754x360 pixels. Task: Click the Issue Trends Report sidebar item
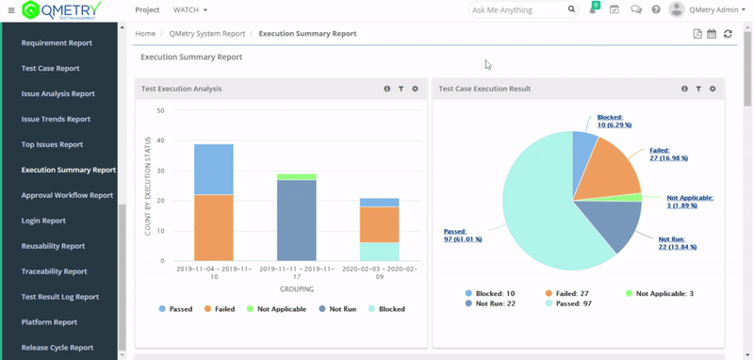click(x=56, y=120)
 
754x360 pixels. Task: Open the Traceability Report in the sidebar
click(x=55, y=271)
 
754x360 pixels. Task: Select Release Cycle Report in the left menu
click(x=57, y=348)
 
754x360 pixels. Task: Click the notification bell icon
click(x=593, y=10)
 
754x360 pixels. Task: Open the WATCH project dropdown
click(x=190, y=10)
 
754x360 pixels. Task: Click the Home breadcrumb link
click(x=145, y=34)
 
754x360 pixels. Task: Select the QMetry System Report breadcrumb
click(x=206, y=34)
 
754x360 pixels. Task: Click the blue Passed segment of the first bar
click(x=213, y=170)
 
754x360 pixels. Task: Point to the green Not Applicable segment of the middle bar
click(x=296, y=176)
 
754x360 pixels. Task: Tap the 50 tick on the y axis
click(x=161, y=110)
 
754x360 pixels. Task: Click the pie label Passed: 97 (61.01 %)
click(x=463, y=235)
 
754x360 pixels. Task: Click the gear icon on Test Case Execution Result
click(x=713, y=89)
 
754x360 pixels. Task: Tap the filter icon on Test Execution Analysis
click(x=401, y=89)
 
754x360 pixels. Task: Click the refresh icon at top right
click(x=728, y=34)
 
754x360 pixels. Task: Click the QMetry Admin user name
click(x=714, y=10)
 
